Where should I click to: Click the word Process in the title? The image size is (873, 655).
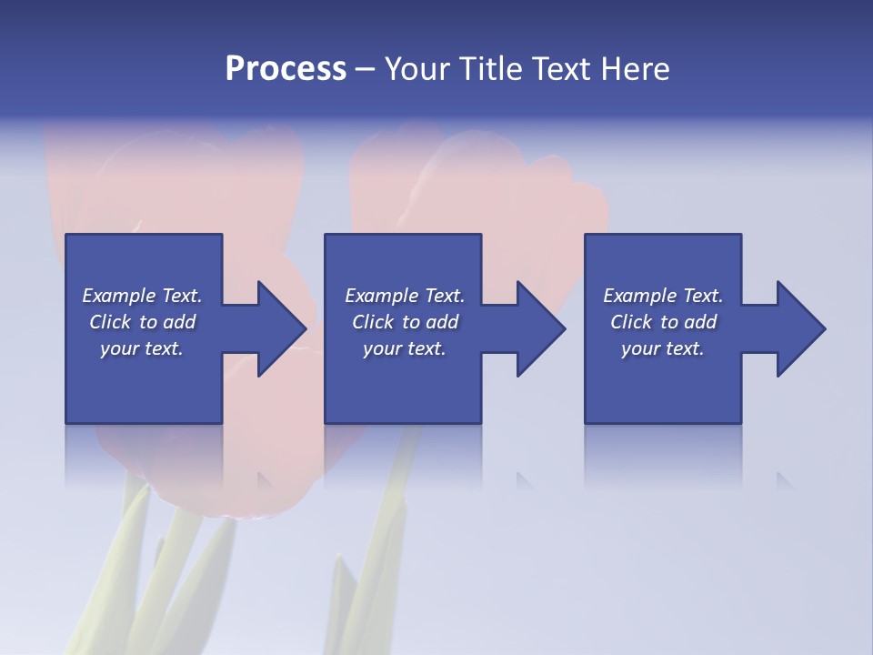pos(286,69)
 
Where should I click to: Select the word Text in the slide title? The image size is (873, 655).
pos(562,69)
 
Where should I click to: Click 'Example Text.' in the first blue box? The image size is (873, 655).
pos(142,296)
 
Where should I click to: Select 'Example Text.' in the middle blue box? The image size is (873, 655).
pos(405,296)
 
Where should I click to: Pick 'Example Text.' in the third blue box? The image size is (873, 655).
pos(663,296)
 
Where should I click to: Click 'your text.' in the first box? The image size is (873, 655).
pos(142,348)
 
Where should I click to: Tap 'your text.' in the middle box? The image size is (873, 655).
pos(405,348)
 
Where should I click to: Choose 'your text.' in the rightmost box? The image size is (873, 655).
pos(663,348)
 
